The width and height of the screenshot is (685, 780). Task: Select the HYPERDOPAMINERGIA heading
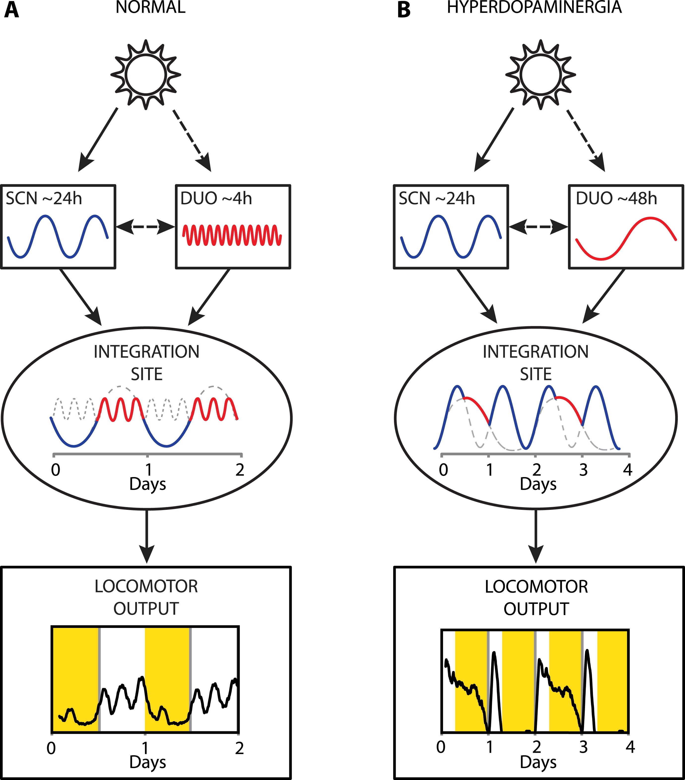pyautogui.click(x=534, y=8)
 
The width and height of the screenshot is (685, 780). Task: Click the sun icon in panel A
pyautogui.click(x=146, y=74)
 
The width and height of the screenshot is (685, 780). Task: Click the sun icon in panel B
pyautogui.click(x=540, y=74)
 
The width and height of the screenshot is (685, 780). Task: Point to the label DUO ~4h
pyautogui.click(x=216, y=199)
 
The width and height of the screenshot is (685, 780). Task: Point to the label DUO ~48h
pyautogui.click(x=616, y=199)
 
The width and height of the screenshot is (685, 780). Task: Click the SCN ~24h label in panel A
pyautogui.click(x=44, y=199)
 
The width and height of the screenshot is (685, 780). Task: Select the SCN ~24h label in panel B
pyautogui.click(x=437, y=199)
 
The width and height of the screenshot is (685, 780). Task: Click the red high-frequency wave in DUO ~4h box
pyautogui.click(x=232, y=235)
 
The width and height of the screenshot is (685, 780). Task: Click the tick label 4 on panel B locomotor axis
pyautogui.click(x=630, y=747)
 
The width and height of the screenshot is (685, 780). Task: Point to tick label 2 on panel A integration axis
pyautogui.click(x=240, y=470)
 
